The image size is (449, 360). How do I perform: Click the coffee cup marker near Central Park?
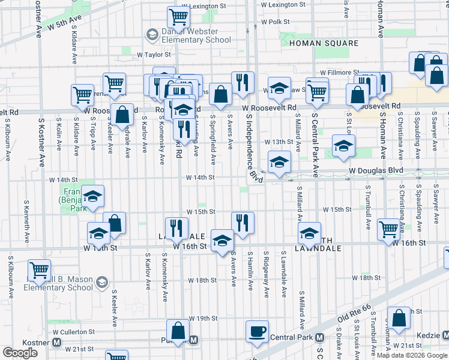pyautogui.click(x=258, y=331)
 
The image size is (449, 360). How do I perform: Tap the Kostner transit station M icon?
pyautogui.click(x=57, y=342)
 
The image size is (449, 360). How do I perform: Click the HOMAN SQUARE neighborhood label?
pyautogui.click(x=324, y=44)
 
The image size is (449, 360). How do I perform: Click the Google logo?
pyautogui.click(x=20, y=353)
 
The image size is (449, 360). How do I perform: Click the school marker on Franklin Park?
pyautogui.click(x=92, y=196)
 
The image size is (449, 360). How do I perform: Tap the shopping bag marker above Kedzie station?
pyautogui.click(x=399, y=316)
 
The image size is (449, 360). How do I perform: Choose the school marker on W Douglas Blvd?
pyautogui.click(x=279, y=163)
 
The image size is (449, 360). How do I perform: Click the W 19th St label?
pyautogui.click(x=202, y=318)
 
